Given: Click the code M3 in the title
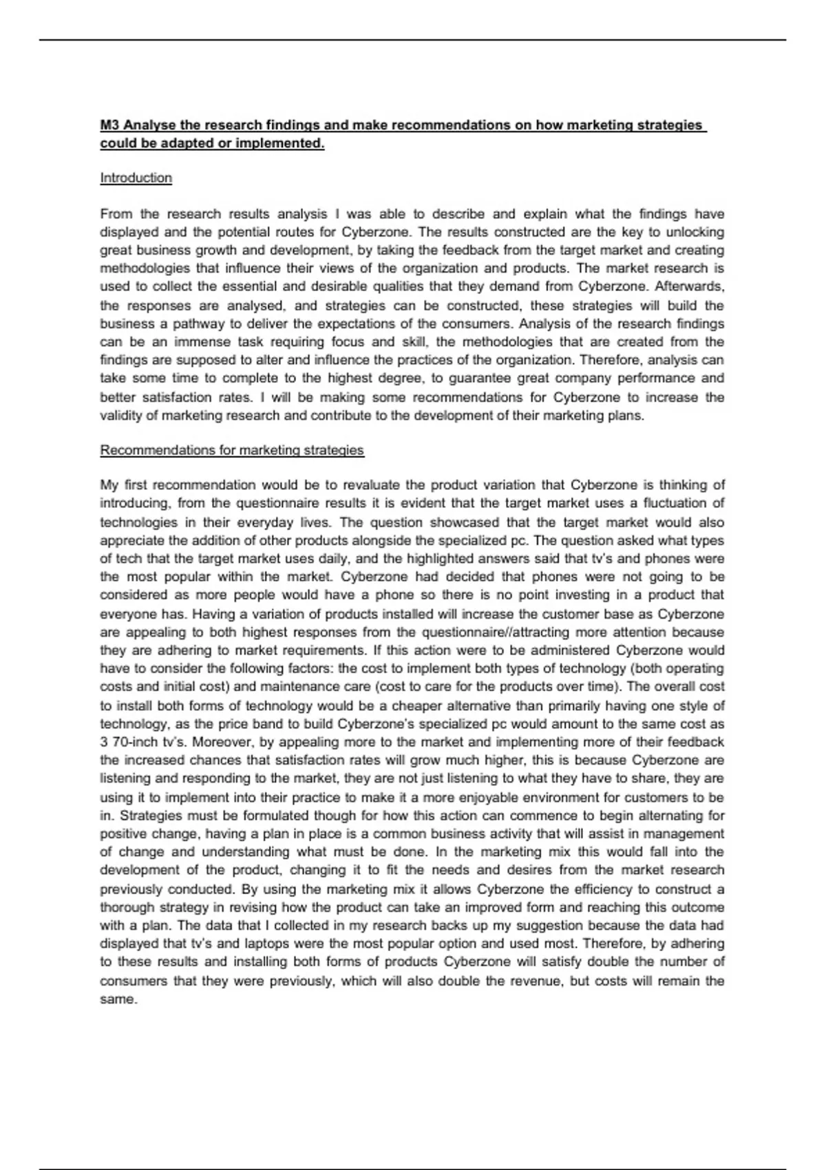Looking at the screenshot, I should click(x=110, y=125).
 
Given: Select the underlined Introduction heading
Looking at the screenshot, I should click(x=136, y=178).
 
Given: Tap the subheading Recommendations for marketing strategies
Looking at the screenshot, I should click(x=232, y=450).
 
